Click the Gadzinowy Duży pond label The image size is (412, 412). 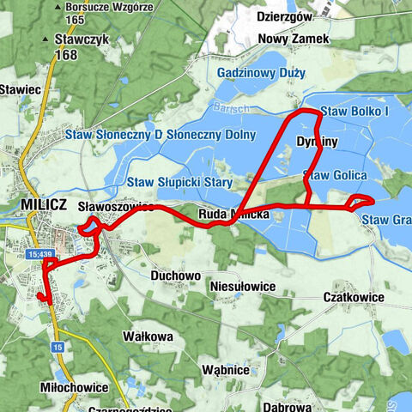click(x=261, y=73)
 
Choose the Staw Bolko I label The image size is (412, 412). click(x=354, y=112)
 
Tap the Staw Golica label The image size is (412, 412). click(x=336, y=175)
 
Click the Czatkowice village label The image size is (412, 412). click(x=359, y=296)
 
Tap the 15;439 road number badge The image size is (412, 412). click(x=40, y=254)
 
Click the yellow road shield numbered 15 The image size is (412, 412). click(x=58, y=346)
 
